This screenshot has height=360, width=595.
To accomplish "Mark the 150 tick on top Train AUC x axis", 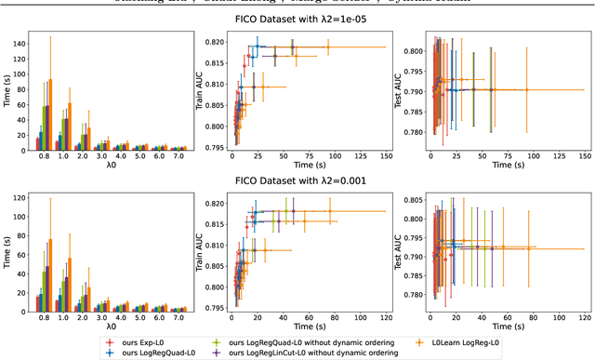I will point(385,157).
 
